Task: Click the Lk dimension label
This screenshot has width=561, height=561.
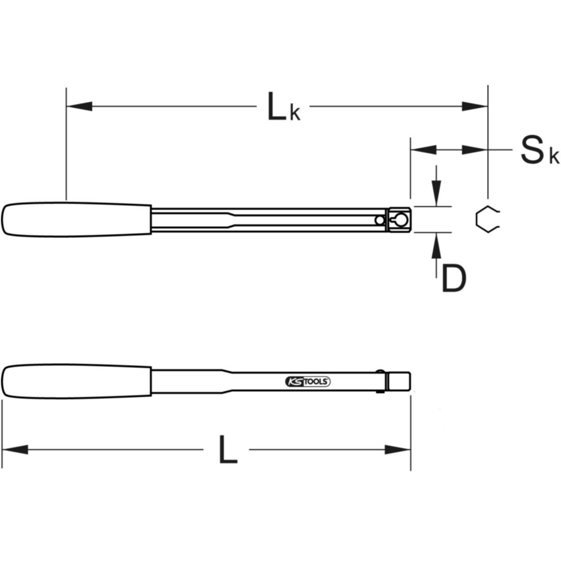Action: click(x=284, y=107)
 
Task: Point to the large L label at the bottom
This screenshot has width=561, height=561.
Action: click(x=228, y=453)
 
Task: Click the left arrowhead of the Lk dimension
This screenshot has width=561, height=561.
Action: click(x=79, y=106)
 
